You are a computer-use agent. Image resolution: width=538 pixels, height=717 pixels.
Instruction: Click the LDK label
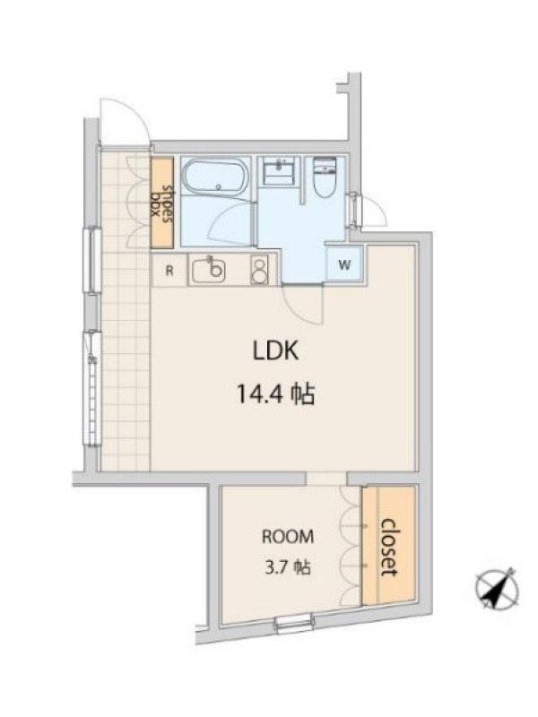coord(276,351)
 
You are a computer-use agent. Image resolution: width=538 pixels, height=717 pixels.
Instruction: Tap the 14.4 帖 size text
coord(275,393)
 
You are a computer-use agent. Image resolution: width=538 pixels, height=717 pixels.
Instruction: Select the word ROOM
coord(288,536)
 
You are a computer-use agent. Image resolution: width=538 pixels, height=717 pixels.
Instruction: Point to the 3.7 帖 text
coord(288,567)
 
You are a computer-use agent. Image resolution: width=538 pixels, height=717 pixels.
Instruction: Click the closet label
coord(389,547)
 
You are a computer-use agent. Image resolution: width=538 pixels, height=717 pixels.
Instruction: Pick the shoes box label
coord(162,203)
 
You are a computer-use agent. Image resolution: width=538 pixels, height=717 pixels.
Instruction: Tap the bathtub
coord(215,178)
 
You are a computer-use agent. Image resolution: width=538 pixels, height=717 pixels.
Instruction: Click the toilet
coord(325,177)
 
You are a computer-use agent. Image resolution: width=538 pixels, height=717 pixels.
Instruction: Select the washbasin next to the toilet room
coord(279,170)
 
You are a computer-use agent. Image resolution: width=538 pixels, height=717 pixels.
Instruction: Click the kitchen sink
coord(209,271)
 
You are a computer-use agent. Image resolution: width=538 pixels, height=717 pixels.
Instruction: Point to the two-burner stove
coord(259,271)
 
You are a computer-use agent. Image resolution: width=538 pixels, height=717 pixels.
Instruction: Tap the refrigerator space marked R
coord(169,271)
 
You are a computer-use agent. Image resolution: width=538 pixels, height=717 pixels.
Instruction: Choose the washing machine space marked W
coord(344,264)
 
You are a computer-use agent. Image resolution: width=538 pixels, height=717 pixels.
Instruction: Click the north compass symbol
coord(498,590)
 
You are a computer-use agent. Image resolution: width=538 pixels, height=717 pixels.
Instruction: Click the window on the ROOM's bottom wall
coord(295,623)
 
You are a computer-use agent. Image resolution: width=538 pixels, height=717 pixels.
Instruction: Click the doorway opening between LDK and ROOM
coord(326,479)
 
